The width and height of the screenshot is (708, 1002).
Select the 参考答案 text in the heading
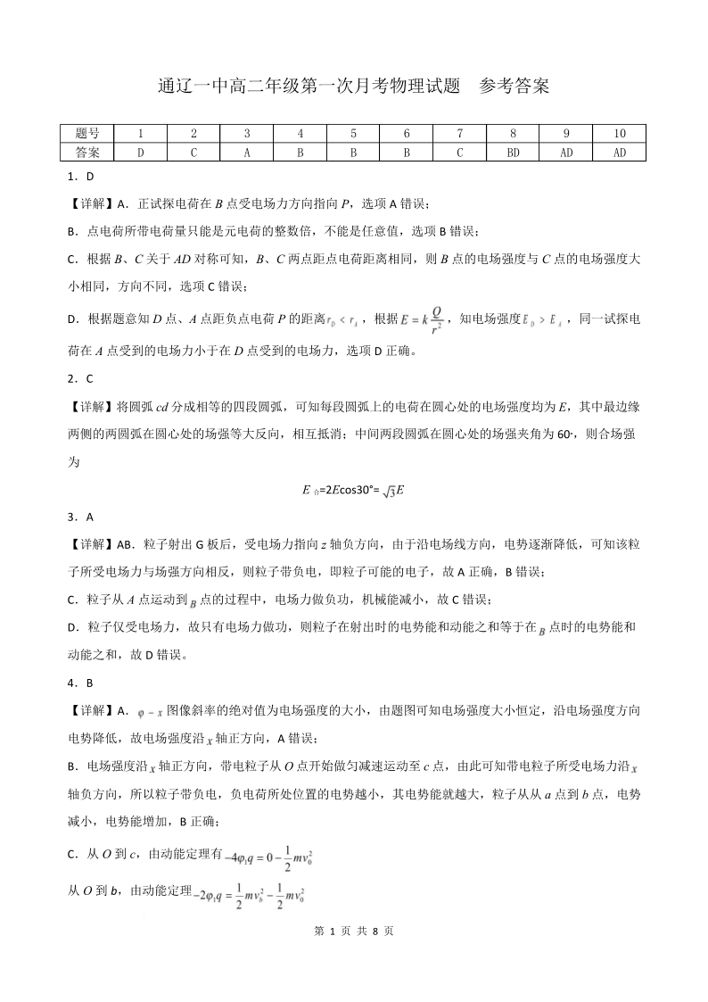tap(514, 87)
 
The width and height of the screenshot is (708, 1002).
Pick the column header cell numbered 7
tap(459, 134)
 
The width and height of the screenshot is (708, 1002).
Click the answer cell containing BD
tap(513, 152)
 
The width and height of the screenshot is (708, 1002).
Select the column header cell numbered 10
tap(620, 134)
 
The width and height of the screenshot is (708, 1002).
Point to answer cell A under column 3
tap(247, 152)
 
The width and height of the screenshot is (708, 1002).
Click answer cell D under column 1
tap(140, 152)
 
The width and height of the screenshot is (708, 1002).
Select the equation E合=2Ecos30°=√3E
tap(354, 490)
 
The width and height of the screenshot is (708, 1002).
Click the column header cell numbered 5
tap(353, 134)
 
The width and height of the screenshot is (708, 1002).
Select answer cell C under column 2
tap(193, 152)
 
